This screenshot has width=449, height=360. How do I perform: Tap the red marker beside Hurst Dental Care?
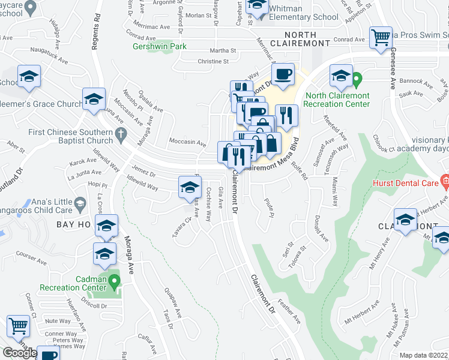pyautogui.click(x=444, y=179)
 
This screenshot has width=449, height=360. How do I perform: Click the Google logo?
pyautogui.click(x=19, y=353)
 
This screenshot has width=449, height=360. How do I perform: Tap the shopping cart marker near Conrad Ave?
pyautogui.click(x=381, y=37)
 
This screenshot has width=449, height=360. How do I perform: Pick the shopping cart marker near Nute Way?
pyautogui.click(x=18, y=326)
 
